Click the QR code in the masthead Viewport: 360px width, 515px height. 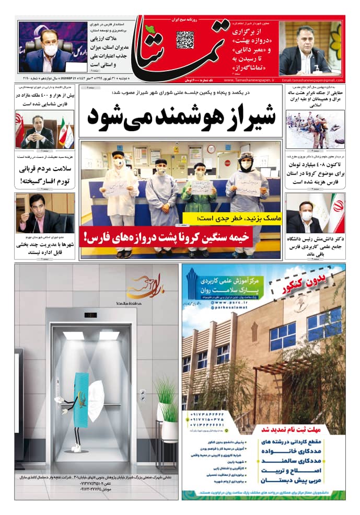(x=185, y=40)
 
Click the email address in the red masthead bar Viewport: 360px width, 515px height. (x=311, y=80)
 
